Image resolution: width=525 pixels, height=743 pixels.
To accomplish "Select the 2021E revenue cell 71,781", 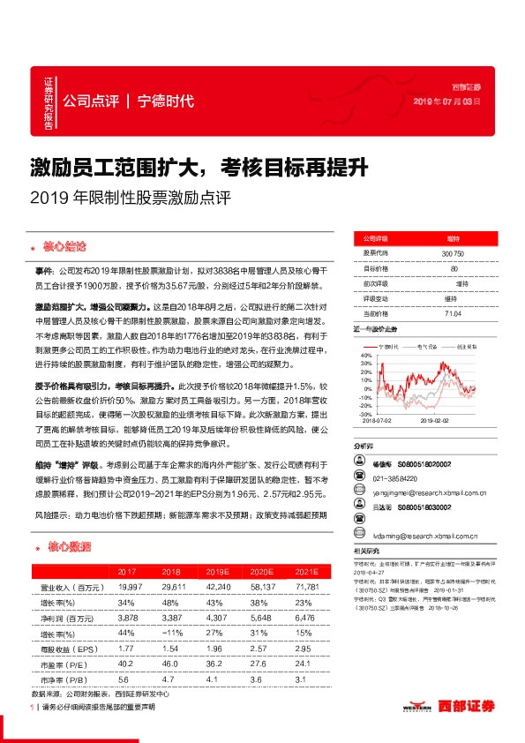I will [x=308, y=586].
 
